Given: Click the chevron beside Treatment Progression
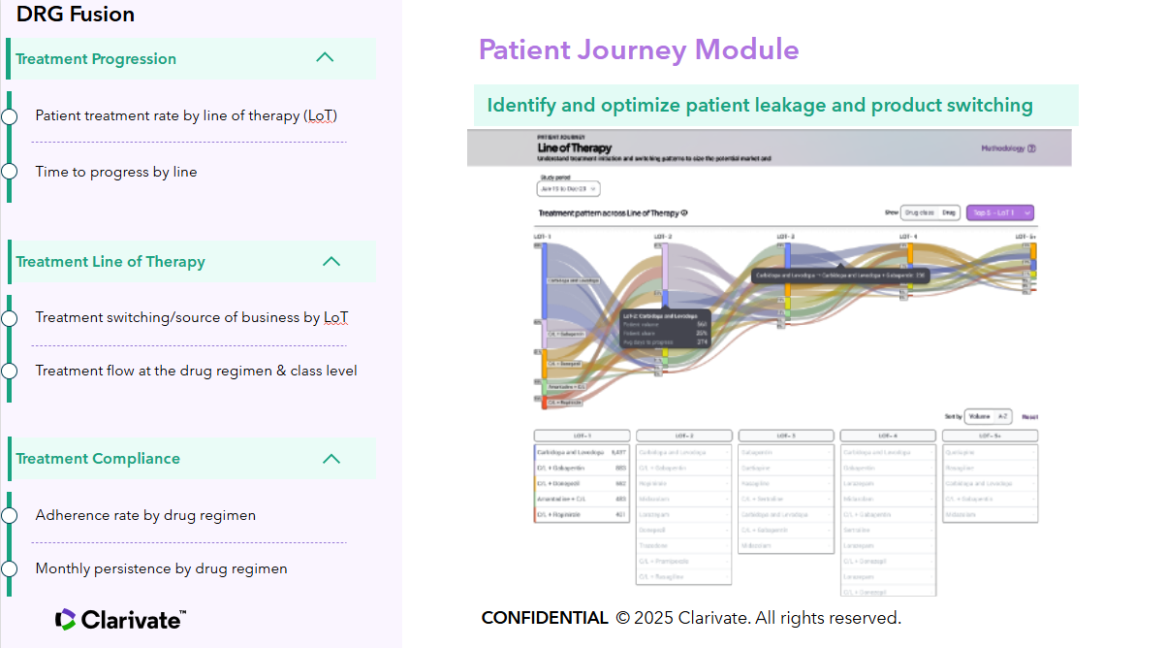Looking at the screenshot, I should pos(325,57).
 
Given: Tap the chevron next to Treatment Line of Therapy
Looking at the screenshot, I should pos(331,261).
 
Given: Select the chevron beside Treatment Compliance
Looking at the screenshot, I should pos(331,458).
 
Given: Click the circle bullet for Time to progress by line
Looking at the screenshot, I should pos(10,172).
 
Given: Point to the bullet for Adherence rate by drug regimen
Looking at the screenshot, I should pos(10,515).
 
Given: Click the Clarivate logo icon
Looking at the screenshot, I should pos(65,619).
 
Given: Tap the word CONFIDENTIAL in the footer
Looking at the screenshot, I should pos(545,618).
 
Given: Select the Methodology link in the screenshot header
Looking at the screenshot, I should pos(1008,148).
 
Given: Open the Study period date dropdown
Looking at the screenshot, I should pos(568,189).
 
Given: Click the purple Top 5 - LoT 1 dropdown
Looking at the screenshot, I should pos(999,212).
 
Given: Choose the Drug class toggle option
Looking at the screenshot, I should pos(919,212).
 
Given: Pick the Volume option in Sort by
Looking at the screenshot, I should pos(979,416).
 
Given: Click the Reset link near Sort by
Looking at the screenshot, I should pos(1029,416).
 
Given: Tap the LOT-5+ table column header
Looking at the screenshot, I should pos(990,436).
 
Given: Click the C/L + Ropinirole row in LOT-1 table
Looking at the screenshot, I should pos(582,514).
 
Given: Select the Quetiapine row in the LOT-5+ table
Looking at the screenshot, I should pos(990,452).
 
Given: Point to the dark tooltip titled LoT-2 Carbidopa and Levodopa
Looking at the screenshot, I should pos(666,329).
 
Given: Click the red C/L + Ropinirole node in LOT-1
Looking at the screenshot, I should pos(544,403).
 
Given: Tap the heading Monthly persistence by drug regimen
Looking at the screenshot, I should pos(161,568).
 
